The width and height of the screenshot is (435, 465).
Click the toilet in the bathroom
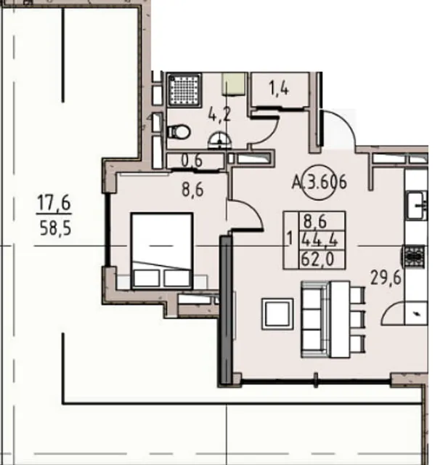tap(179, 132)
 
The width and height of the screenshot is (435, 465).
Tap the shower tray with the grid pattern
tap(184, 89)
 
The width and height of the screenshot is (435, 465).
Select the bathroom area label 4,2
tap(219, 115)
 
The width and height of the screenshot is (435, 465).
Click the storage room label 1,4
tap(279, 88)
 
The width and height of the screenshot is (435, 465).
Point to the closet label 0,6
tap(192, 161)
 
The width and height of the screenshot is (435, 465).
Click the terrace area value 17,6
tap(54, 203)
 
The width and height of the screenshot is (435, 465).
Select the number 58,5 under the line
tap(55, 229)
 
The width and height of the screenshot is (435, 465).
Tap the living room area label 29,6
tap(386, 278)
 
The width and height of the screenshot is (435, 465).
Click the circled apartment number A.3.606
tap(319, 182)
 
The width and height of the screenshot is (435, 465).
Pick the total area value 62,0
tap(317, 259)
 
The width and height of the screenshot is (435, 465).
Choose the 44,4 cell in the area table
tap(320, 240)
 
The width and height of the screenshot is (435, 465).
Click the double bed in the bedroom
tap(162, 251)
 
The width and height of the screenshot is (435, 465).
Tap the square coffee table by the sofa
tap(277, 314)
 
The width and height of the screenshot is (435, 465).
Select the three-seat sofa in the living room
tap(314, 319)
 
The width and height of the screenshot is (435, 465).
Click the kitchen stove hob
tap(414, 256)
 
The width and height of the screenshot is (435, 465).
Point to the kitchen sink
tap(416, 205)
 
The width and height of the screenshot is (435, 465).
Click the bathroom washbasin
tap(219, 140)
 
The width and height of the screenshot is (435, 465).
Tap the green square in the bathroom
tap(234, 84)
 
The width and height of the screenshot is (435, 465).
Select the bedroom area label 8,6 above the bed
tap(192, 189)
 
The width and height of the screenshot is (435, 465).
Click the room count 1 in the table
tap(290, 239)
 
